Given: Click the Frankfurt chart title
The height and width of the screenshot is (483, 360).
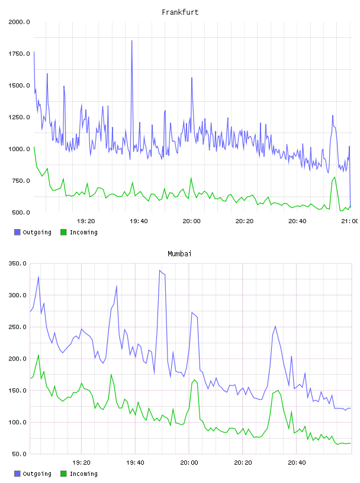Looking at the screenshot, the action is pos(180,12).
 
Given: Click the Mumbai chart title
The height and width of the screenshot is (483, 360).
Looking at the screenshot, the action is pos(179,254).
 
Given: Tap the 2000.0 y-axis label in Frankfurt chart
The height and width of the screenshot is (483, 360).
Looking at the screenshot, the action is pos(19,22).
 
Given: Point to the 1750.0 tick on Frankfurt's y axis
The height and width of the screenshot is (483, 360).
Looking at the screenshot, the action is pos(19,54).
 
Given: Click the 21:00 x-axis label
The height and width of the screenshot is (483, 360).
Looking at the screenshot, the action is pos(349,221).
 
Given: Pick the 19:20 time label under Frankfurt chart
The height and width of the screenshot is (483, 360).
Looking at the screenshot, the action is pos(86,221).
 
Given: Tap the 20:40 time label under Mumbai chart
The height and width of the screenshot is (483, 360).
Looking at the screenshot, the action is pos(297,463).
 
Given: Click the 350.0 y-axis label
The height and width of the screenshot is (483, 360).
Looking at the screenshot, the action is pos(17,263).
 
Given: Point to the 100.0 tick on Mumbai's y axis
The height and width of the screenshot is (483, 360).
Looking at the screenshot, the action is pos(17,422).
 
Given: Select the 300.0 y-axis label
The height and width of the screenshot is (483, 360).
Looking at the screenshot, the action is pos(17,295).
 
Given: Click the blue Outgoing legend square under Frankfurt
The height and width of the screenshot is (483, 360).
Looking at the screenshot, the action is pos(17,232).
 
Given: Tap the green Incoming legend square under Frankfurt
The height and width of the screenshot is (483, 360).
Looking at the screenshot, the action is pos(63,232).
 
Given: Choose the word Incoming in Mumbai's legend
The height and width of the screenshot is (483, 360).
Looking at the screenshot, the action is pos(83,474).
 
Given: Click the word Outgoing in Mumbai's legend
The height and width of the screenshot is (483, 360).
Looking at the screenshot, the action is pos(37,474).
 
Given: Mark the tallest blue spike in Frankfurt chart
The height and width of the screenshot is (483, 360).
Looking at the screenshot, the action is pos(132,41).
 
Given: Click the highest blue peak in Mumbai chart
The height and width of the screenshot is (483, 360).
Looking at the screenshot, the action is pos(160,271).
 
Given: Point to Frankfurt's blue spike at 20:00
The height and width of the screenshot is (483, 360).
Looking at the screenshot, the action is pos(192,78).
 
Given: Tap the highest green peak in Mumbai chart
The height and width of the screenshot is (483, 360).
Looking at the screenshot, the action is pos(38,355).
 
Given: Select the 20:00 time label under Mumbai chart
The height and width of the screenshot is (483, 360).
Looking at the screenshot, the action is pos(189,463).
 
